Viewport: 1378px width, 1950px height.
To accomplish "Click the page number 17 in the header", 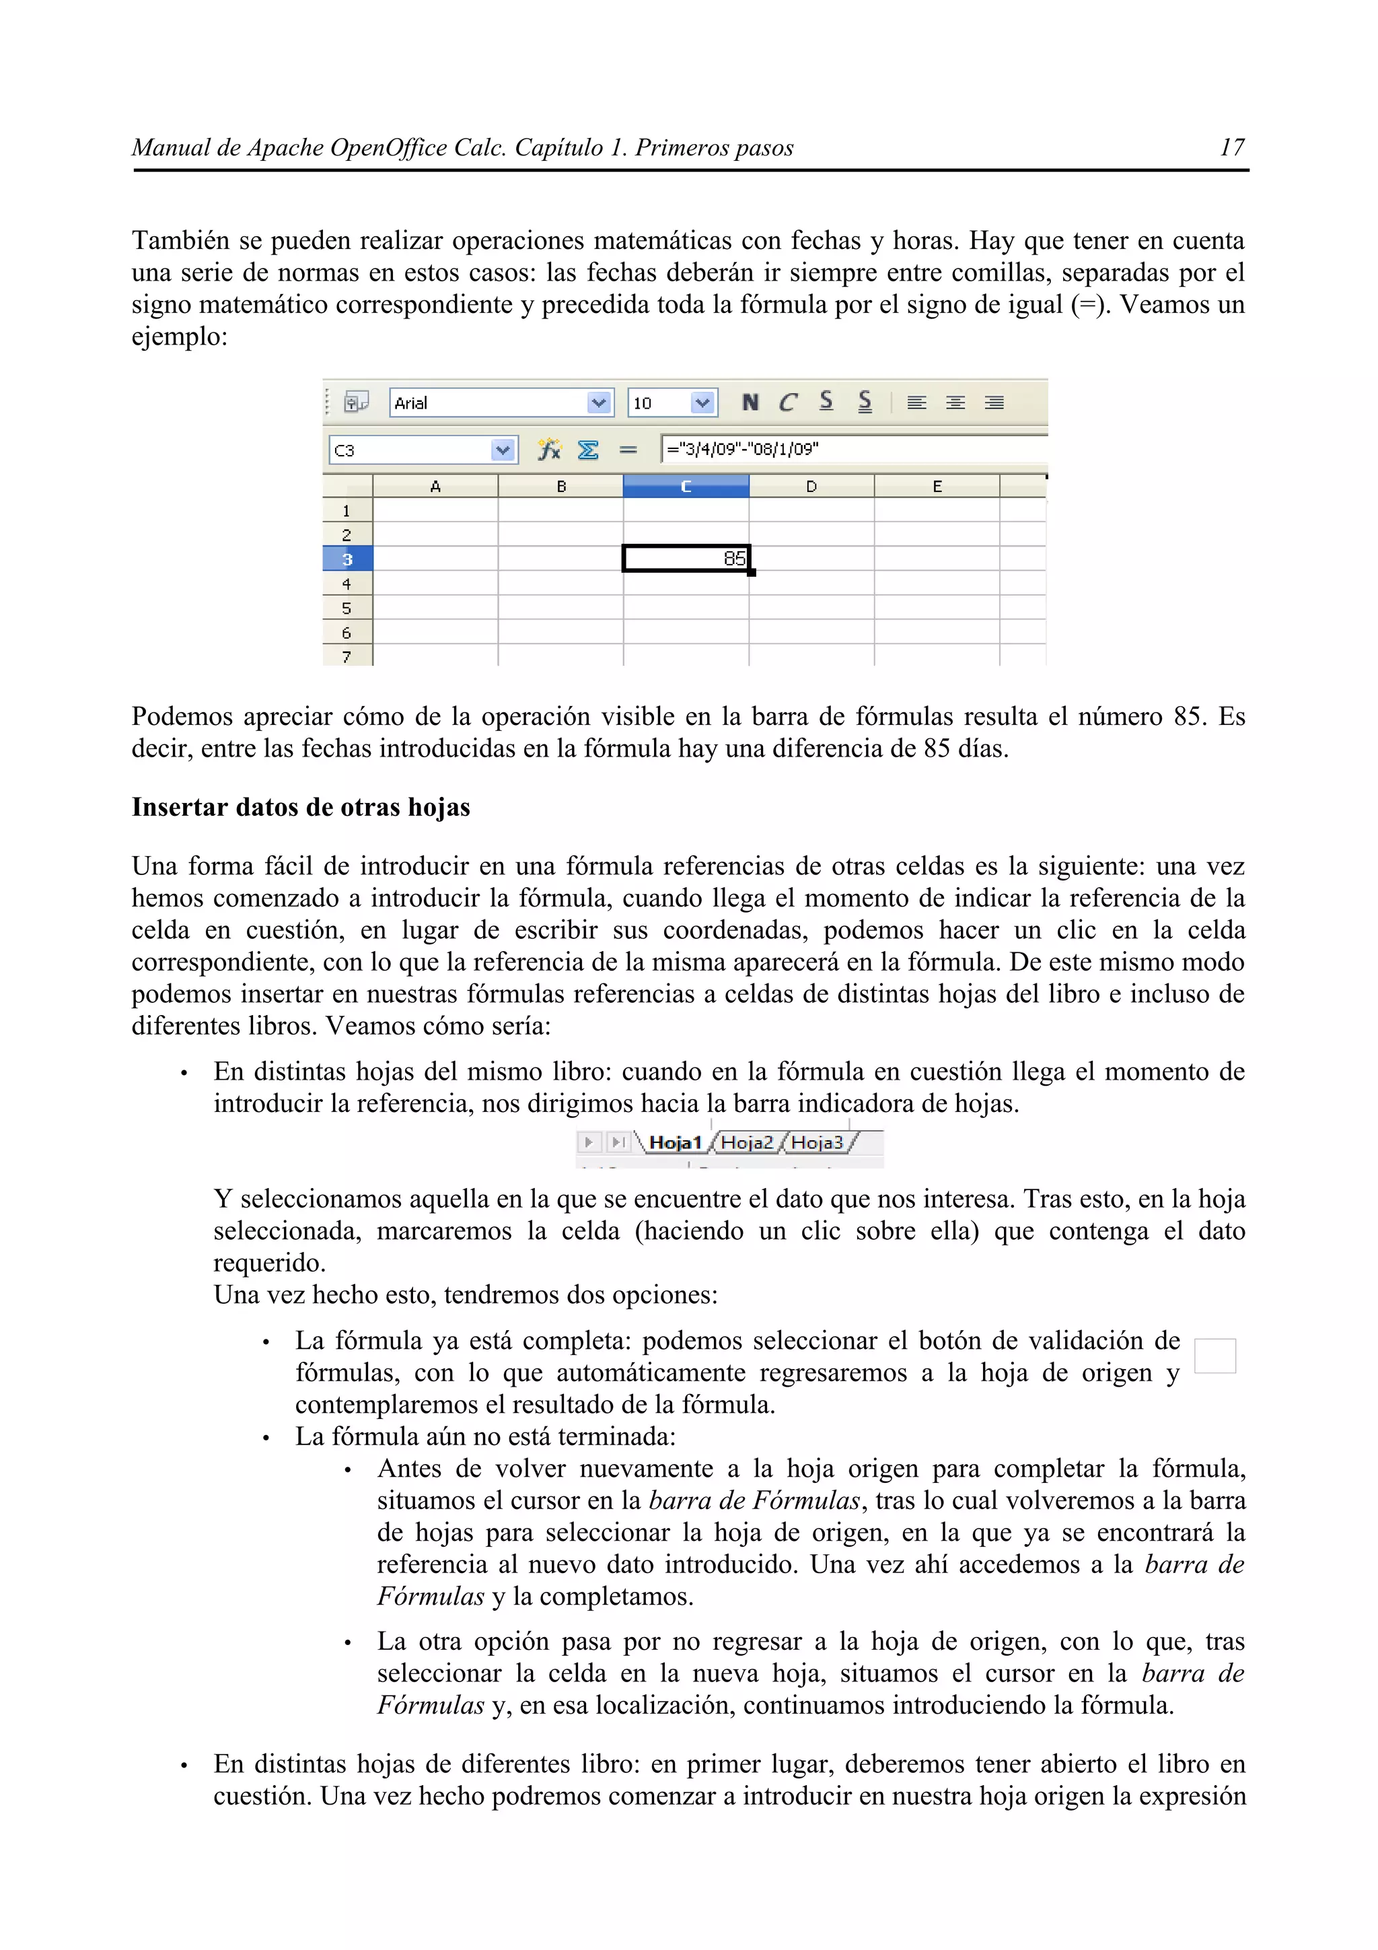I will (1231, 148).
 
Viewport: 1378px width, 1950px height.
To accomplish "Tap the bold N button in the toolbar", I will (750, 402).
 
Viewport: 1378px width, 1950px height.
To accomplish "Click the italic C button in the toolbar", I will (788, 402).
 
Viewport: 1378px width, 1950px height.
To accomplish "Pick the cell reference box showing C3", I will (409, 450).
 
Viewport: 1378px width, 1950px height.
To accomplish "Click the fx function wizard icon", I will (549, 449).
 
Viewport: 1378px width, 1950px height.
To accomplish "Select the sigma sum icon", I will (587, 449).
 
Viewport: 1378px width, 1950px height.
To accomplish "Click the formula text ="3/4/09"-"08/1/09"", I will (742, 449).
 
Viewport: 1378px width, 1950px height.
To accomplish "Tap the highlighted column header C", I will (686, 487).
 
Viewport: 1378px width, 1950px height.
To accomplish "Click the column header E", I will (937, 487).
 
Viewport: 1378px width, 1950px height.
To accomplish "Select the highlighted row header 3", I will (347, 559).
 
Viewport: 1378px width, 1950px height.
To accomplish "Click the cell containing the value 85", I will (686, 559).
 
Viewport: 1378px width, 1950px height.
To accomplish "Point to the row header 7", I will (347, 656).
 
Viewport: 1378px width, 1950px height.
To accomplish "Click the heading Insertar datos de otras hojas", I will (301, 807).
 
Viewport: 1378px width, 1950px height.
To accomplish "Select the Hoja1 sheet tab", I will (674, 1142).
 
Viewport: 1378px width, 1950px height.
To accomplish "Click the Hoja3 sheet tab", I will (817, 1142).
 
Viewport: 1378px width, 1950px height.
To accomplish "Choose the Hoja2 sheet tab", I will (746, 1142).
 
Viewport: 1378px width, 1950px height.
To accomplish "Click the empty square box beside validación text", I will (1214, 1356).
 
